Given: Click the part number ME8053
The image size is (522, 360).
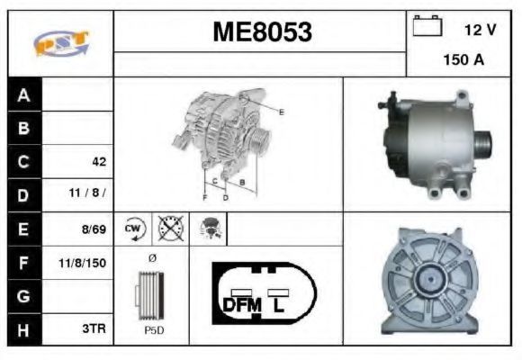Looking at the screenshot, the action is [262, 32].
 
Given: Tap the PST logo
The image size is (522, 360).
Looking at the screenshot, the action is [61, 43].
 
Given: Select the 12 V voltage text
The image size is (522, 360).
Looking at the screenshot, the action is [481, 30].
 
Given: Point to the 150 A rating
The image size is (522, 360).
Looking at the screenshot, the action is [463, 60].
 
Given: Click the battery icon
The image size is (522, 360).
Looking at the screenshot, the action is [427, 25].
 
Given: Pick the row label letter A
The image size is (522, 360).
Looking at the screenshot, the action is [23, 95].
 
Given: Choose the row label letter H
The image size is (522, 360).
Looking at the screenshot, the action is [23, 330].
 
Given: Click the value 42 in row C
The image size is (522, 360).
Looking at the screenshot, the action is [99, 162].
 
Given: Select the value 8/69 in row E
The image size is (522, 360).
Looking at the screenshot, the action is [94, 229].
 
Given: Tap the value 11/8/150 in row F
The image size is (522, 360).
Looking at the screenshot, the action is [82, 263].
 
